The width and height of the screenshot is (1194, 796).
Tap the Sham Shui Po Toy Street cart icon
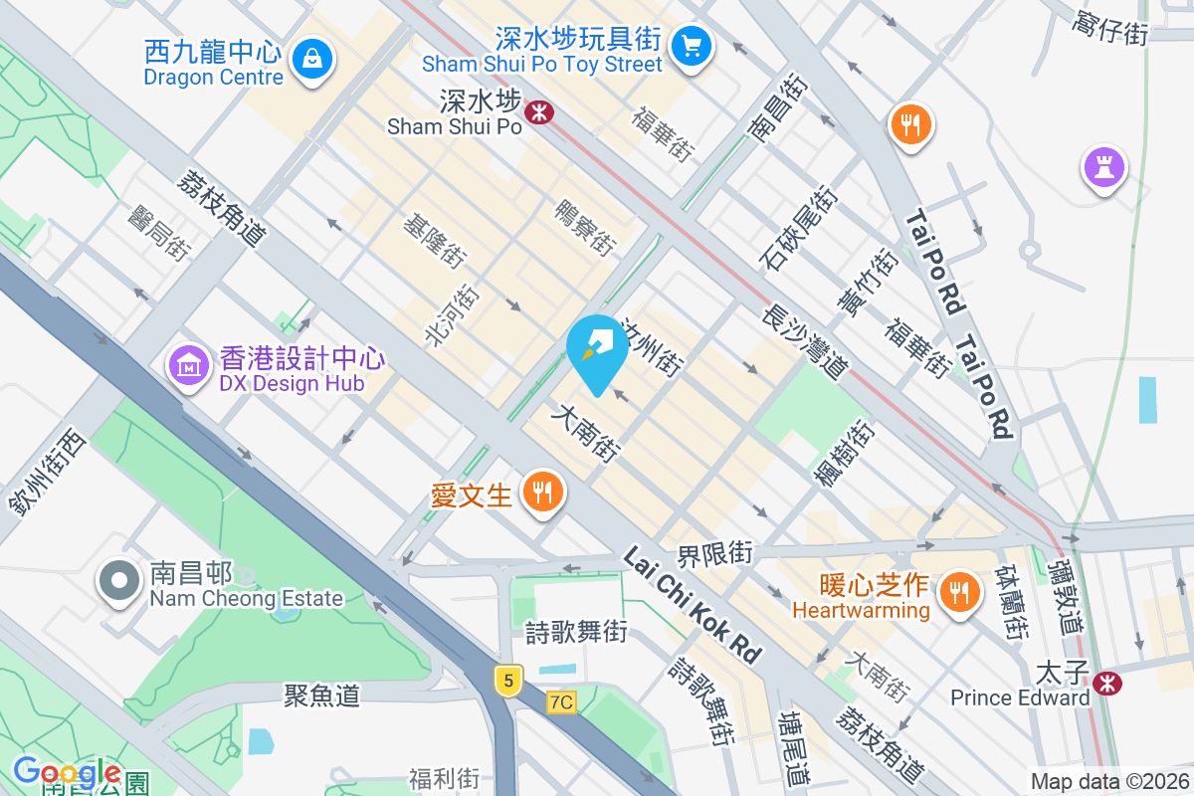point(690,45)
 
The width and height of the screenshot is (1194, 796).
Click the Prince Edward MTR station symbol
point(1103,683)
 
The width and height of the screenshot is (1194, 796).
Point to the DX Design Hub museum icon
point(188,366)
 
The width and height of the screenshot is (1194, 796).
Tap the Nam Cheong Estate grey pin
point(119,582)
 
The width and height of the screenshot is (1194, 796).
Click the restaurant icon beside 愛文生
point(542,492)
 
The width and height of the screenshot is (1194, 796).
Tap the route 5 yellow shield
point(508,681)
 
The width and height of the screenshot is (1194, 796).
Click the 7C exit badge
point(561,702)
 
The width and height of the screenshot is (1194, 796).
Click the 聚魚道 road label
point(321,695)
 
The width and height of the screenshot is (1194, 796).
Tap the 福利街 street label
point(444,777)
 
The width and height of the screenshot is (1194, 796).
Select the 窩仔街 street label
point(1110,27)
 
